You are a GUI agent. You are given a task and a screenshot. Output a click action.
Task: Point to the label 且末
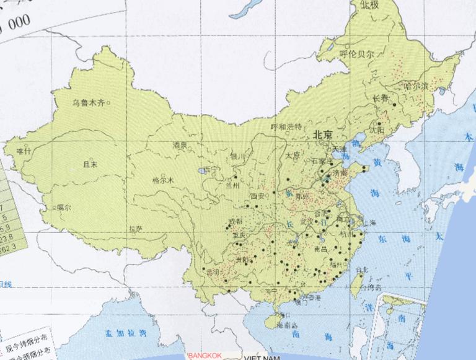[90, 164]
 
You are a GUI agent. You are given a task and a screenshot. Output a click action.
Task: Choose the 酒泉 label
[180, 145]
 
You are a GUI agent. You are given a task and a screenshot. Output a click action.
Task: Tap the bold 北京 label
[323, 134]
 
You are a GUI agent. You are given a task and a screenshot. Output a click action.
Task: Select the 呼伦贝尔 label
[357, 54]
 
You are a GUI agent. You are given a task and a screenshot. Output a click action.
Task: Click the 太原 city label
[293, 155]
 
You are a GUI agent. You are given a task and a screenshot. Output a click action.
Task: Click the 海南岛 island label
[288, 324]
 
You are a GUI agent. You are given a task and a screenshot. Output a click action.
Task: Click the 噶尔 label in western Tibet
[64, 208]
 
